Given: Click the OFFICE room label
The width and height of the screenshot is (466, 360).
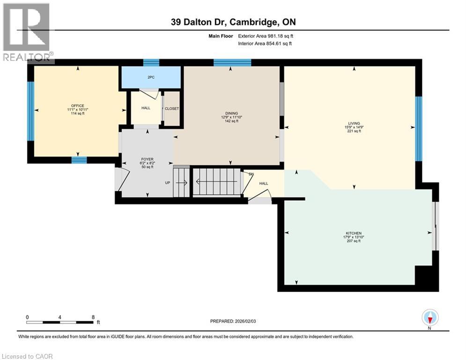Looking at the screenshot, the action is tap(77, 106).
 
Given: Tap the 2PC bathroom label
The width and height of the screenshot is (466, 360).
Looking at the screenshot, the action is tap(151, 77).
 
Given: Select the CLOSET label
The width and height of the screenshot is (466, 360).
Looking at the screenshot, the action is tap(171, 109).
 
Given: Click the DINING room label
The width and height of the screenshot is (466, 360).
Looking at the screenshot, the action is tap(231, 113).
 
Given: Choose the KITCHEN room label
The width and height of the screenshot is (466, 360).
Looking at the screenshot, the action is tap(354, 233).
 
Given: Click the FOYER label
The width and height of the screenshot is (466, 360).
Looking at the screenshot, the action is tap(147, 159).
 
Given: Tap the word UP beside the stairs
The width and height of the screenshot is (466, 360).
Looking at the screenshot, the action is tap(167, 183).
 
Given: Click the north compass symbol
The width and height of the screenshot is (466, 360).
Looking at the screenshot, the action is tap(429, 318).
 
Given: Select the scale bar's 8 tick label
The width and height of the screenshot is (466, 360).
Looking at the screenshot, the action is tap(93, 317).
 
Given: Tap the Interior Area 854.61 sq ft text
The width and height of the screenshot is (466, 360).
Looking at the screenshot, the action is tap(265, 44).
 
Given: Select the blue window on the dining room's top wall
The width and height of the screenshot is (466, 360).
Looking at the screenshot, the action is tap(232, 63).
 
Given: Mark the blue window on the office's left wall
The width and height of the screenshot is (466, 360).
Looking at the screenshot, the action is tap(30, 111).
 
